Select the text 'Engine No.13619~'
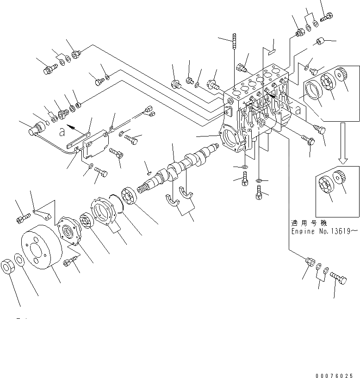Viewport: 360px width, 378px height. tap(324, 230)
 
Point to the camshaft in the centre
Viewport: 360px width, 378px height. tap(180, 167)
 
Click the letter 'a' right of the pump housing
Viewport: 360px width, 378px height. tap(298, 111)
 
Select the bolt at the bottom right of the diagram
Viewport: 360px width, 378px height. tap(340, 279)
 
